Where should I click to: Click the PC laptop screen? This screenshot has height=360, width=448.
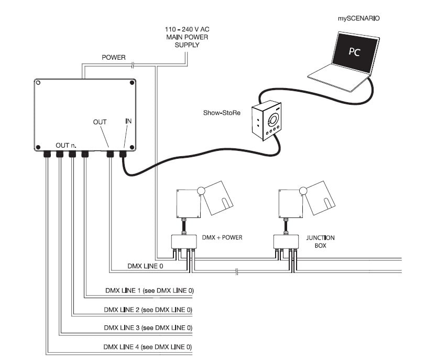(357, 53)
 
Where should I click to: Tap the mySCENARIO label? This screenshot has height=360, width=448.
(358, 18)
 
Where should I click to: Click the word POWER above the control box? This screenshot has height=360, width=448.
(114, 57)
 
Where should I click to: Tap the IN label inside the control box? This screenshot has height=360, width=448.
(128, 121)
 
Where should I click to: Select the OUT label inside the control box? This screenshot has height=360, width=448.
(100, 122)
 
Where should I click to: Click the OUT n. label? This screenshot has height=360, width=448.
(66, 145)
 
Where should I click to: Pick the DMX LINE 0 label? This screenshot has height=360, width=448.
(145, 266)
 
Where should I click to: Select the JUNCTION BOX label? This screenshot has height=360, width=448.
(320, 241)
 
